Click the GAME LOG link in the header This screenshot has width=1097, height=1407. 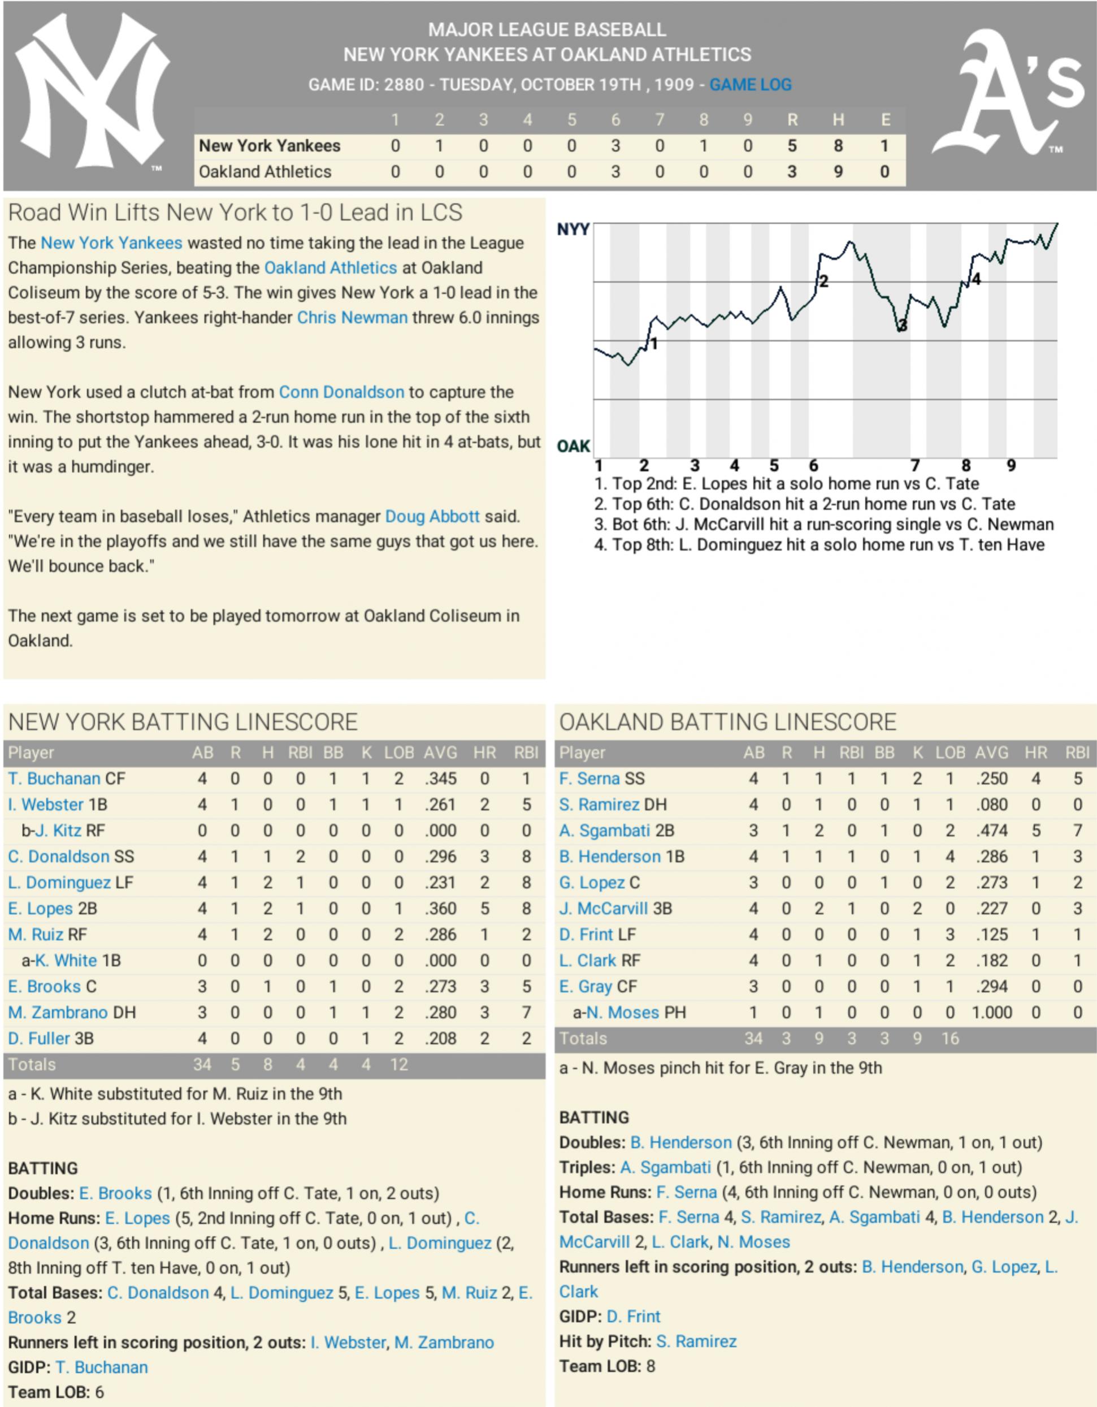coord(751,84)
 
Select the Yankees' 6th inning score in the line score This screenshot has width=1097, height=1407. coord(615,146)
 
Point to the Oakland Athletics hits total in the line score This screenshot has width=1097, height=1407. coord(838,171)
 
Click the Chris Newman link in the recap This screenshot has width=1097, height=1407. coord(352,318)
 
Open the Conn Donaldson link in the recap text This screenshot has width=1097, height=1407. coord(341,392)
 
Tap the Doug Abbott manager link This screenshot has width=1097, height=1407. coord(432,517)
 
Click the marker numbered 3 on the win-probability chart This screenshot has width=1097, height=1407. coord(902,326)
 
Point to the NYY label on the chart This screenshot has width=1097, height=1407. coord(573,230)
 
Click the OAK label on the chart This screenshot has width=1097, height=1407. coord(573,446)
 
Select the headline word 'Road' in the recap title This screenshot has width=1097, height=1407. coord(34,213)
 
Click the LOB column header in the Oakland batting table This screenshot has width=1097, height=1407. coord(949,752)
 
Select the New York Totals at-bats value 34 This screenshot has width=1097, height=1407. coord(202,1064)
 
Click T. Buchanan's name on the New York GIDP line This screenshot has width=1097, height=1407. coord(101,1367)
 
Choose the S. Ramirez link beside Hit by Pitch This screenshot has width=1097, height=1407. coord(696,1341)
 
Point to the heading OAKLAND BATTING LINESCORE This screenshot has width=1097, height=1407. coord(727,722)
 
